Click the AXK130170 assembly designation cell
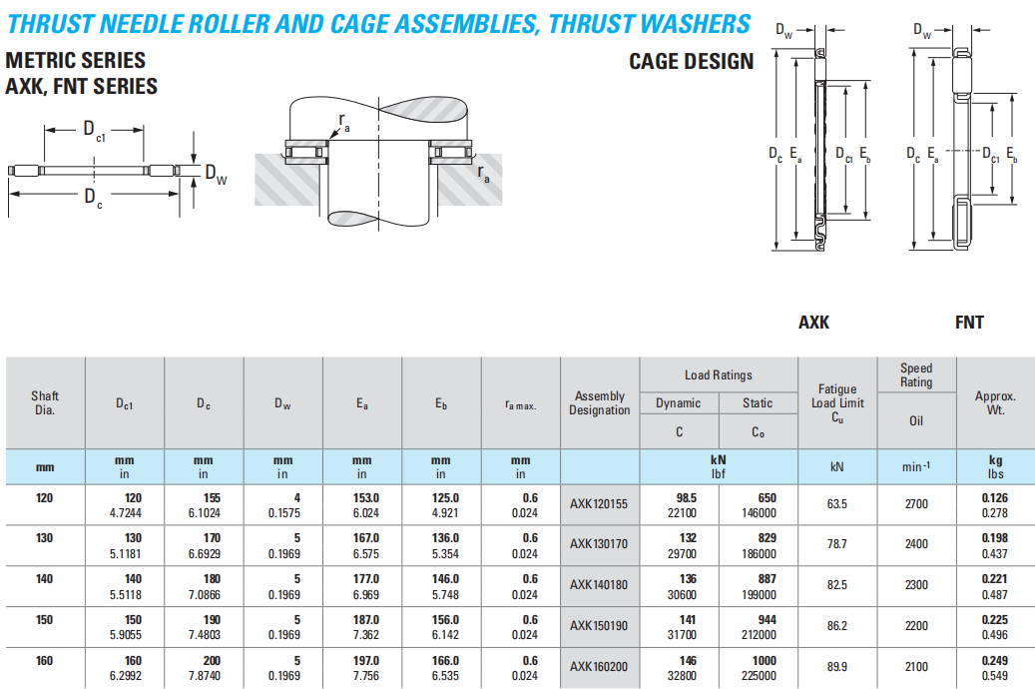(599, 544)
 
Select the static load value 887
(767, 579)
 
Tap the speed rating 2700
(916, 504)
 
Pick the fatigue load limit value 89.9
(837, 667)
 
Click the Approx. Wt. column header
(995, 403)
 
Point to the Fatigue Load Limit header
(837, 403)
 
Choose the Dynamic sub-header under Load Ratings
(679, 403)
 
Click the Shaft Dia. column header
(45, 403)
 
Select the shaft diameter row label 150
(44, 620)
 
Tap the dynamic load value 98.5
(687, 497)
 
